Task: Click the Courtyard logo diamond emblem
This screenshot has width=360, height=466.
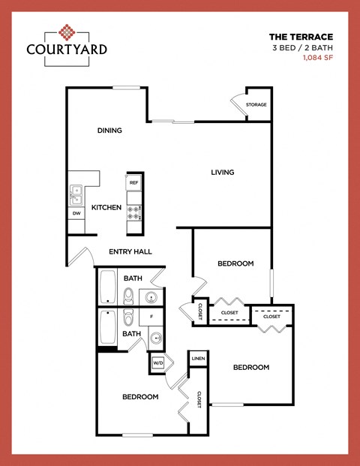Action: (x=67, y=32)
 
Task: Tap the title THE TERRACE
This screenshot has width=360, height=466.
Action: (x=300, y=35)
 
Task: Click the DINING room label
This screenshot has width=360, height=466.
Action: (x=109, y=131)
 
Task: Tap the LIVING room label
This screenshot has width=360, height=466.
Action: (x=222, y=173)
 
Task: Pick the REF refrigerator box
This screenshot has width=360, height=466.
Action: (x=134, y=182)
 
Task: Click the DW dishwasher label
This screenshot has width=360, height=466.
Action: (x=76, y=214)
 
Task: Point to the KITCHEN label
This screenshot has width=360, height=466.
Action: (x=106, y=207)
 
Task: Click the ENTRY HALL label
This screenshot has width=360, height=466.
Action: (x=130, y=251)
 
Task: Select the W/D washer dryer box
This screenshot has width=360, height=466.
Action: (x=158, y=363)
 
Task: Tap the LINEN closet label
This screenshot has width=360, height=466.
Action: (x=197, y=359)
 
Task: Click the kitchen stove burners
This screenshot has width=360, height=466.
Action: (x=134, y=212)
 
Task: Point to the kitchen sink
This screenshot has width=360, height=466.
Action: (x=76, y=195)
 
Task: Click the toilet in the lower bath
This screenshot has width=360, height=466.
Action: (x=128, y=317)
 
